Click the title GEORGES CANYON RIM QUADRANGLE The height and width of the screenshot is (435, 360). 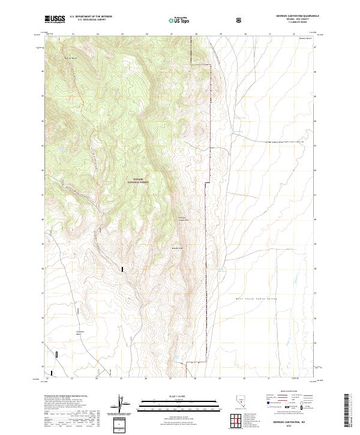298,16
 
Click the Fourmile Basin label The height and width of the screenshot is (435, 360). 84,333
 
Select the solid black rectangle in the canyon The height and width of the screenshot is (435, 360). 122,270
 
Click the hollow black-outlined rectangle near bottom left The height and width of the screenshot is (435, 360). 56,355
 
